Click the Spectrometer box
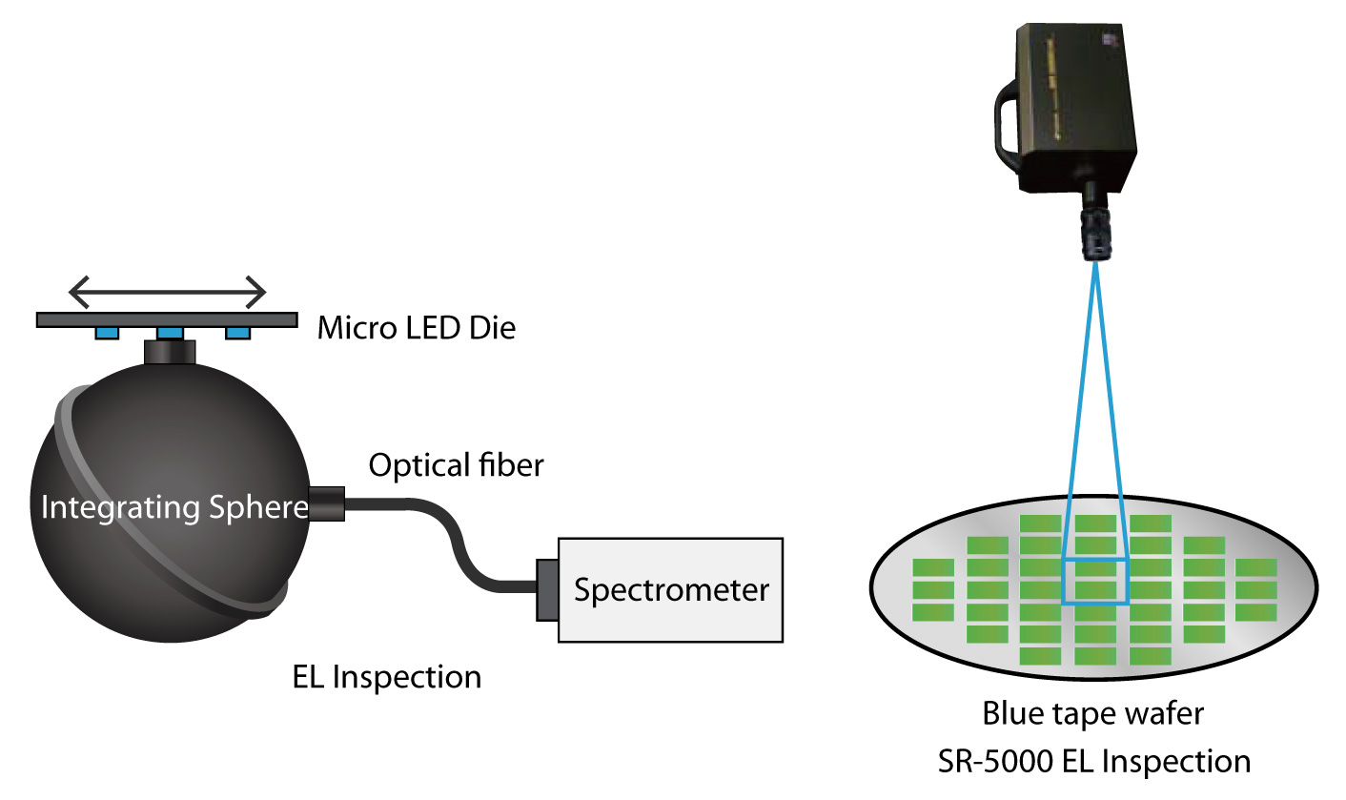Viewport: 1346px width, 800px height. [671, 589]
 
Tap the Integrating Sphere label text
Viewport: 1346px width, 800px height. [173, 507]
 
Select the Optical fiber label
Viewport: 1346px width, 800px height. [456, 466]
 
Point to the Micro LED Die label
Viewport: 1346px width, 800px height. [416, 329]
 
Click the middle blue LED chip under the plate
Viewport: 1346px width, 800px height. [170, 333]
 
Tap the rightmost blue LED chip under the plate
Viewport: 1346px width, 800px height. [236, 333]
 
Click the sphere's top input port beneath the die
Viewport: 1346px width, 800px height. [170, 352]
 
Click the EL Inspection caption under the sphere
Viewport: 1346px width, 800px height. [386, 677]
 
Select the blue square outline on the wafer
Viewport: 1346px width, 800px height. [1095, 582]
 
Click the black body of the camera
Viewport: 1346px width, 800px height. [1077, 105]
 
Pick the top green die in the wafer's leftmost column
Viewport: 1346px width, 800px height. [933, 567]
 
